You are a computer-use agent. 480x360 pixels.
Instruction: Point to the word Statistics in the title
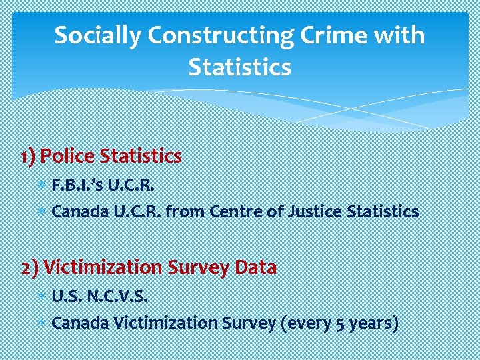240,68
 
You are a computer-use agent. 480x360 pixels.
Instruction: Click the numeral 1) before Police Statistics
29,157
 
